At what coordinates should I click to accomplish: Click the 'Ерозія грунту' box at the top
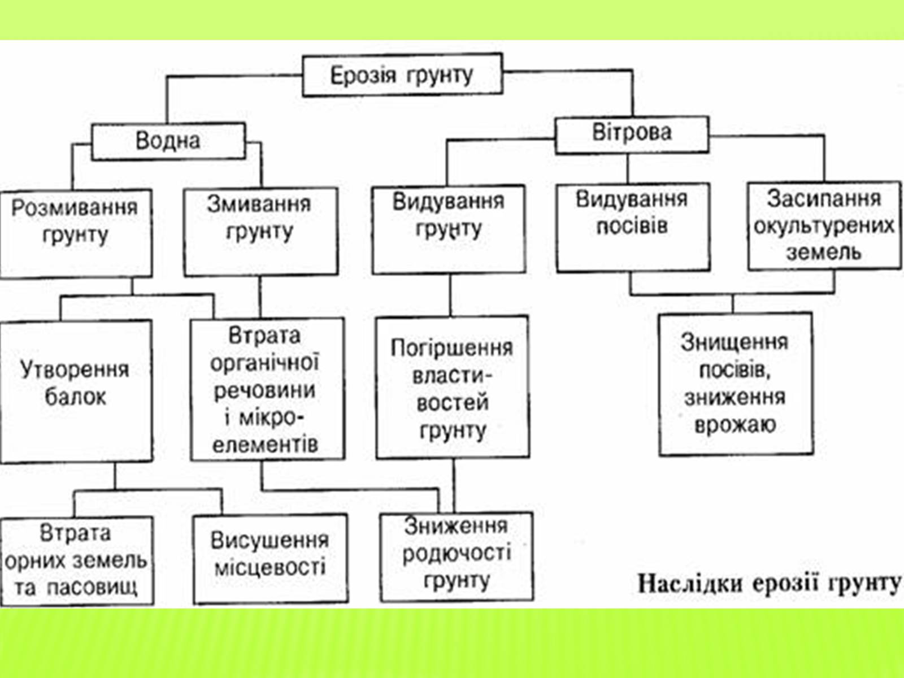402,75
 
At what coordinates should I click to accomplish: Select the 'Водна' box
168,141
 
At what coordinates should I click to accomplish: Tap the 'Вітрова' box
632,134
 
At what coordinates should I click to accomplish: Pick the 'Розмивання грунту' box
75,233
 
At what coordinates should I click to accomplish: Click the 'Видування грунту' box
449,229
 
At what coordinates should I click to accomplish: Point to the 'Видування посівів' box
632,226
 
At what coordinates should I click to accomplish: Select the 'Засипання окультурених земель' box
824,225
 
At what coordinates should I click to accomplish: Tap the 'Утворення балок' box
76,390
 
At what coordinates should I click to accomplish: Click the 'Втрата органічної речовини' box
267,389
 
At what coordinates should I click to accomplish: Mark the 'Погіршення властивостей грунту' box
452,387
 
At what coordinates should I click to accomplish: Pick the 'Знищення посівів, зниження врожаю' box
735,384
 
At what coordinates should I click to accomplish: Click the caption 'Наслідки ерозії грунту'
768,584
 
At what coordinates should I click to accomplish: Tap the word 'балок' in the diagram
75,397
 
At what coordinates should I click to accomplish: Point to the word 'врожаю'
735,424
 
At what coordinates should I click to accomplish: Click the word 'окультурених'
824,226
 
